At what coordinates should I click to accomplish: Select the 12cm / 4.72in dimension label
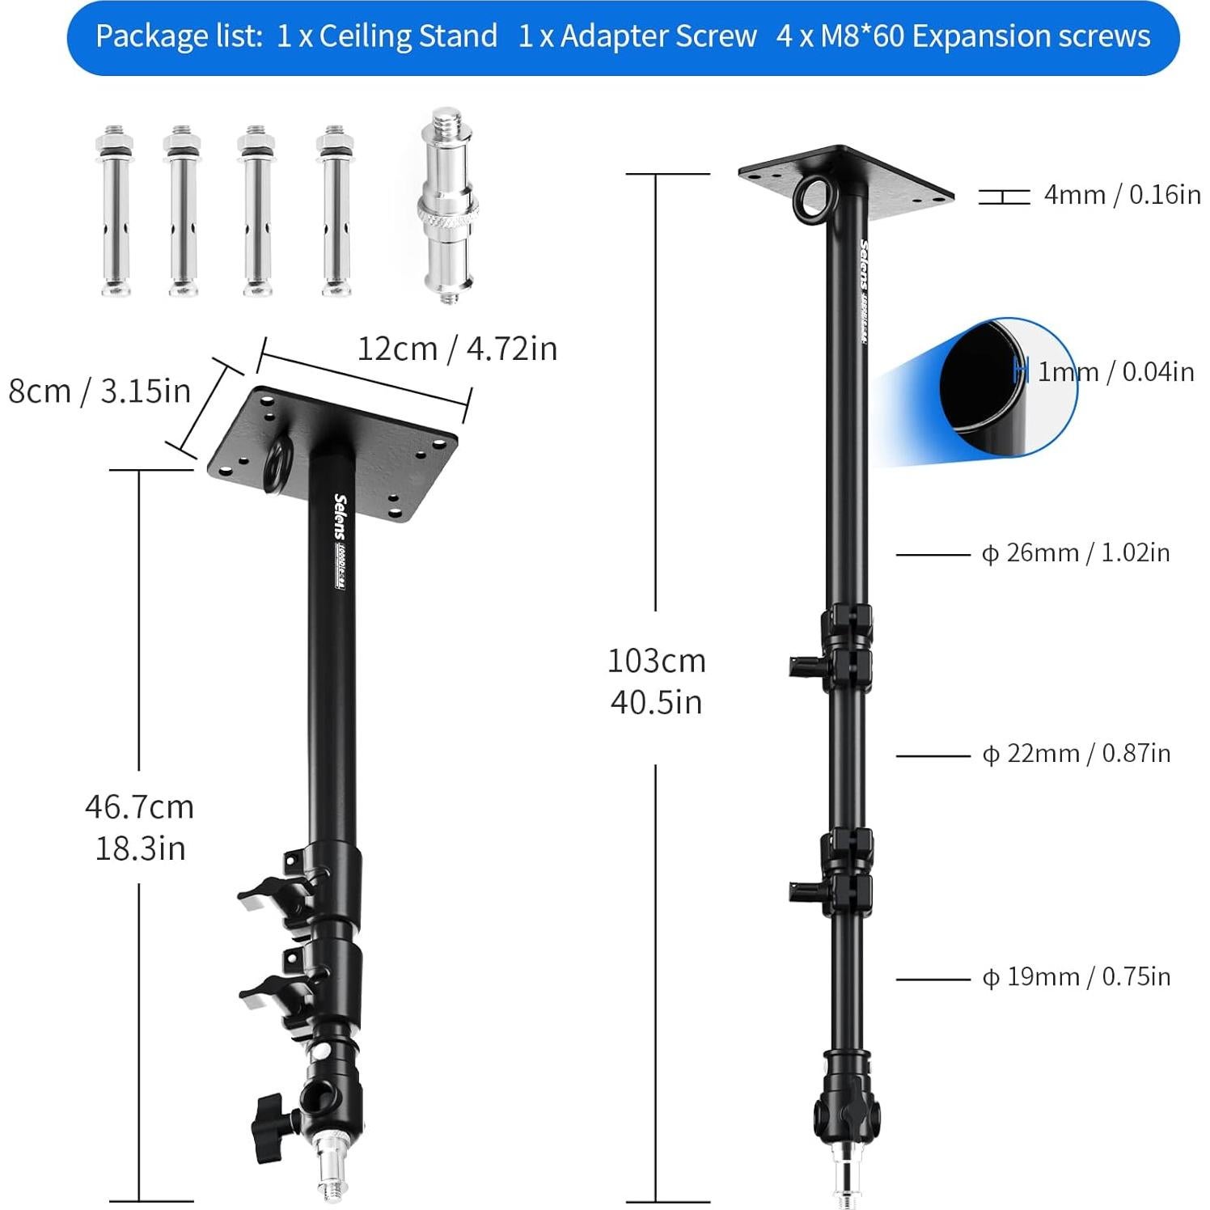457,349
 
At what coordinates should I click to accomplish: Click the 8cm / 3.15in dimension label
99,391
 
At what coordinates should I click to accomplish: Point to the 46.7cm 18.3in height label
140,827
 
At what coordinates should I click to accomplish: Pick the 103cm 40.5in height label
657,681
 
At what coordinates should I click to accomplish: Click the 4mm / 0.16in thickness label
1122,195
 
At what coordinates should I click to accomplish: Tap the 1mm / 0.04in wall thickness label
1115,372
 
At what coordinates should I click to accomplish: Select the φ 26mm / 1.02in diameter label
1075,553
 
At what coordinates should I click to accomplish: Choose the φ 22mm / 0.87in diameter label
1076,754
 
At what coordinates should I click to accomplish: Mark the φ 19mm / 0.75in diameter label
1076,977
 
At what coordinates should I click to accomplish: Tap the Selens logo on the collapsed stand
341,518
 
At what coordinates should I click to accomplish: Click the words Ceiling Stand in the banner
408,36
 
